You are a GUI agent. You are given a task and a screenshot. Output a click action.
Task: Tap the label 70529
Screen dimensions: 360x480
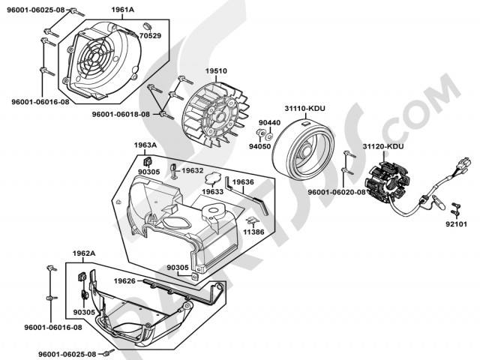(150, 35)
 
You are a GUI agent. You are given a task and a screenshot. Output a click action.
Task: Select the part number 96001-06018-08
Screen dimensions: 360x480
(121, 114)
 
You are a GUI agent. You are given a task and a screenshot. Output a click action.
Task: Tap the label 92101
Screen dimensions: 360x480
(456, 223)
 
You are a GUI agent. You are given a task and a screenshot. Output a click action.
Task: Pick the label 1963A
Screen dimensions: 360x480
(145, 145)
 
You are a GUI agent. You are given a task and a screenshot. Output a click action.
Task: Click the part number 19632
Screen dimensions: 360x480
(192, 171)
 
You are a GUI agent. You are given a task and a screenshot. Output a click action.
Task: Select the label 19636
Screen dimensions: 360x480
(242, 181)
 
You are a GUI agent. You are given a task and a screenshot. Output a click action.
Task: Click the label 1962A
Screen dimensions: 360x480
(84, 253)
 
